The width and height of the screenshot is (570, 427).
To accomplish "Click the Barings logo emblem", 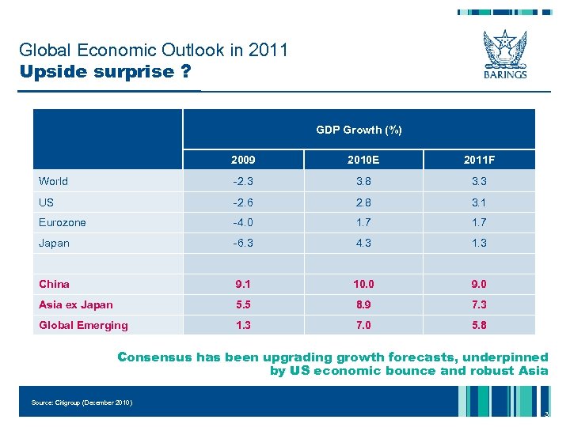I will [x=504, y=49].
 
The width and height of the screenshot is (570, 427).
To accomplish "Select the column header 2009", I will [x=243, y=161].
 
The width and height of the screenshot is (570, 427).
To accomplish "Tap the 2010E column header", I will [x=363, y=161].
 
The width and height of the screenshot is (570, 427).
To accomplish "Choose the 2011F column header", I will [x=479, y=161].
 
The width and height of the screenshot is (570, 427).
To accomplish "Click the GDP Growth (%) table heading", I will [x=359, y=130].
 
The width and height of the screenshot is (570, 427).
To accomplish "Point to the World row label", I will [x=53, y=181].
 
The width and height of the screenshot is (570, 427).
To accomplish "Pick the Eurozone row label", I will [x=63, y=222].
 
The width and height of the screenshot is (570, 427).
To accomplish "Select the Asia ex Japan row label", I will [x=76, y=304].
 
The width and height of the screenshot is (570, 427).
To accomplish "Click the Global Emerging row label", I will [x=83, y=325].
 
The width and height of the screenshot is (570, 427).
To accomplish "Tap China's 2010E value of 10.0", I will [x=363, y=284].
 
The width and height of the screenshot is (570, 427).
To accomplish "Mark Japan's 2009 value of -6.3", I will [x=243, y=243].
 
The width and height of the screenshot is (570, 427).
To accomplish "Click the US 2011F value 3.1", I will [x=479, y=202].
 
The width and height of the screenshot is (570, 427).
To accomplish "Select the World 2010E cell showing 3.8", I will [x=363, y=181].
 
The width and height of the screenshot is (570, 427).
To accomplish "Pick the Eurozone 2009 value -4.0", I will [x=243, y=222].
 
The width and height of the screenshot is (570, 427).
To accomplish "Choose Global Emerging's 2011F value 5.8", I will [x=479, y=325].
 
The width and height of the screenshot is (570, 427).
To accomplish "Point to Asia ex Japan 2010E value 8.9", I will [x=363, y=304].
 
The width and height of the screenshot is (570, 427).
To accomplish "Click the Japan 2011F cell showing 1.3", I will [x=479, y=243].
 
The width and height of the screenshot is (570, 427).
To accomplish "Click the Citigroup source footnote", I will [x=82, y=402].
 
